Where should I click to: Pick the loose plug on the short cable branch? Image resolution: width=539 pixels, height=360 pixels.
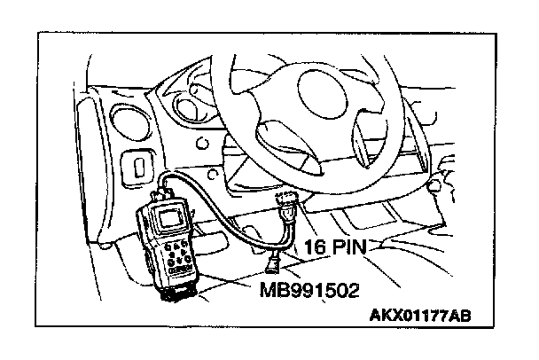click(x=275, y=261)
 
